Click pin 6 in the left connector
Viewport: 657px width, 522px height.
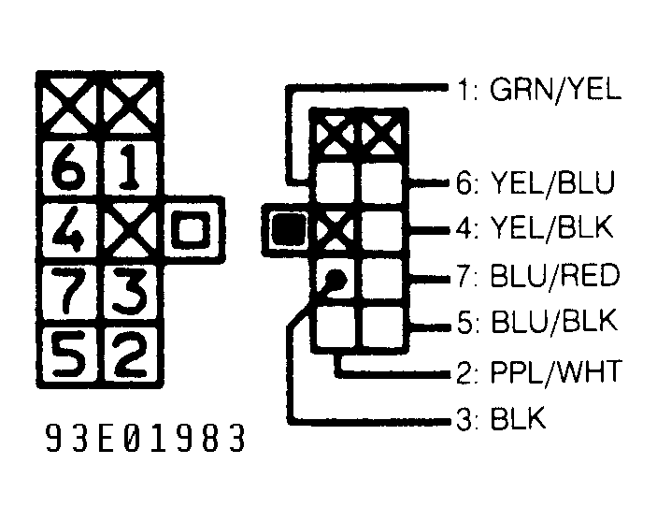[x=69, y=167]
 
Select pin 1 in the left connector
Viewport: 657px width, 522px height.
[x=131, y=167]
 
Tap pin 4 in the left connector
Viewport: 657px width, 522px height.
[x=69, y=229]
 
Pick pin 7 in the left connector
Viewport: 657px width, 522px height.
[x=69, y=291]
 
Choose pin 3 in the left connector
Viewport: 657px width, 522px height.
[x=131, y=291]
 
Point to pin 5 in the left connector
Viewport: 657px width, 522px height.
[x=69, y=353]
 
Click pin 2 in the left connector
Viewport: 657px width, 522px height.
[x=131, y=353]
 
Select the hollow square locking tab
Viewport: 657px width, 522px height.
[x=193, y=229]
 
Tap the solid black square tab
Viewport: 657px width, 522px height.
[x=288, y=229]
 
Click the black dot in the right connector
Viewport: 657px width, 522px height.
[x=336, y=279]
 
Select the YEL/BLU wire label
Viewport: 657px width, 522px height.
[x=552, y=182]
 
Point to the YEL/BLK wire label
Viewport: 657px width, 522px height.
[x=551, y=228]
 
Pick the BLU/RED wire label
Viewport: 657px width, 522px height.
[x=554, y=275]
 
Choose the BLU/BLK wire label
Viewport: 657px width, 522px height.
[x=554, y=321]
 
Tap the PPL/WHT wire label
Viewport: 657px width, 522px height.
[x=556, y=371]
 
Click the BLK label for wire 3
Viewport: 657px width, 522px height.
[x=518, y=418]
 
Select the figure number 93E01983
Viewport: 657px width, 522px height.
[x=145, y=438]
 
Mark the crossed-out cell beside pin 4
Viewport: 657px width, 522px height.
[x=131, y=229]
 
